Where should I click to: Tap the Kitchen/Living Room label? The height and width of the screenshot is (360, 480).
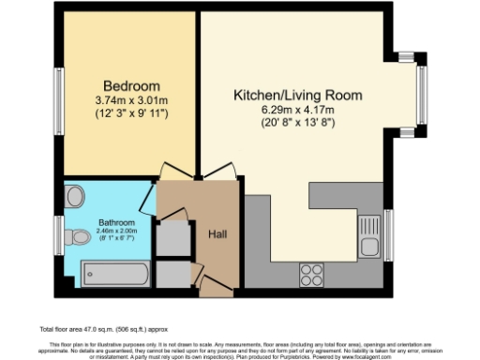[x=298, y=95]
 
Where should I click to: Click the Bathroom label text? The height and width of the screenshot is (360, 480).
[x=117, y=223]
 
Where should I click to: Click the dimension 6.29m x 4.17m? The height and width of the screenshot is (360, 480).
[x=298, y=110]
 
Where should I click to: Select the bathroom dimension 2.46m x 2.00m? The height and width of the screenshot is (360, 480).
[x=117, y=232]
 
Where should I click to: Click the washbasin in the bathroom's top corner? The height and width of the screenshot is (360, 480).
[x=75, y=194]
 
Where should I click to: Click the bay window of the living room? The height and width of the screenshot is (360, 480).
[x=420, y=95]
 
